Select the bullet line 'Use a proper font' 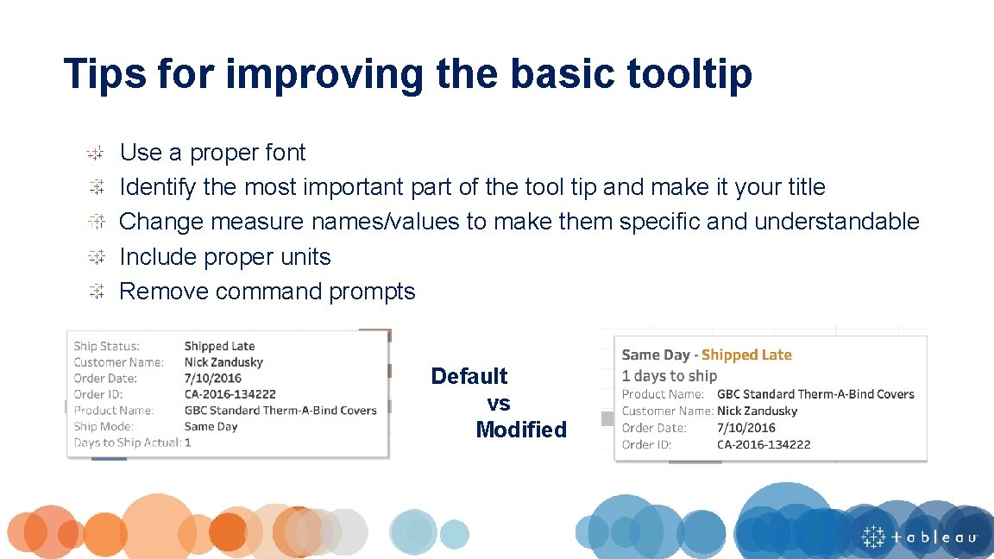212,153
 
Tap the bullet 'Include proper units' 224,257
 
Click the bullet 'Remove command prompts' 267,292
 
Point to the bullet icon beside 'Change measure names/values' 96,222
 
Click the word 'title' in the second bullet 806,187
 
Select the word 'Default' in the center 469,376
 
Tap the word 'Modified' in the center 521,430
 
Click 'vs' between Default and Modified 499,403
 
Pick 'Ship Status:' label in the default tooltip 106,346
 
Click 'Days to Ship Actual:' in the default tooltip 127,443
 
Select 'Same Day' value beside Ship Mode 211,426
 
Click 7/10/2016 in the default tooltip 212,378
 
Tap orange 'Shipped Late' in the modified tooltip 746,355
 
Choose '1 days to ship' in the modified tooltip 670,376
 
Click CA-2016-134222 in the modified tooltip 764,445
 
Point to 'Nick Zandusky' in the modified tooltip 757,411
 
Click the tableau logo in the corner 920,537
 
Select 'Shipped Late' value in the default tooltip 219,346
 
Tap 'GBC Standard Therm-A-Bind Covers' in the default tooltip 280,411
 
